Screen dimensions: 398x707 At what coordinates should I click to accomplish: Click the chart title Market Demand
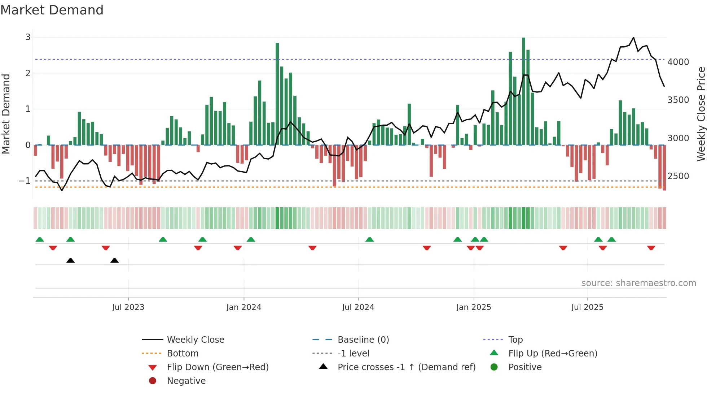(x=52, y=10)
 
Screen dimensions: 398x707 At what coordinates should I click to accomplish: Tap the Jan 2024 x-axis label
(x=243, y=307)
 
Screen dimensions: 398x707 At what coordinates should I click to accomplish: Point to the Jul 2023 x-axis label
(x=128, y=307)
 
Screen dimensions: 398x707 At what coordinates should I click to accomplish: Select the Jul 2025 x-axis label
(x=587, y=307)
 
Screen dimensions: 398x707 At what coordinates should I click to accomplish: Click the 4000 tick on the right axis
(x=678, y=62)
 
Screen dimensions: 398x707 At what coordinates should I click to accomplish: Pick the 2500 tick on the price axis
(x=678, y=176)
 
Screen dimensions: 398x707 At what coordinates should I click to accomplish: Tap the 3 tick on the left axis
(x=28, y=37)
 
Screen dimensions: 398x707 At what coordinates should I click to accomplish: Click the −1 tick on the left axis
(x=25, y=181)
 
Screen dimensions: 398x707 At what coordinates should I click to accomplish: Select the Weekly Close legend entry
(x=195, y=339)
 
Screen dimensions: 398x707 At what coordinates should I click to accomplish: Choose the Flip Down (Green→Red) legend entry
(x=218, y=367)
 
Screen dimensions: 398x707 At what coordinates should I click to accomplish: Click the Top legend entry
(x=515, y=339)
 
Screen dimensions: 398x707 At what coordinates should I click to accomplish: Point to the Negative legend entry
(x=186, y=381)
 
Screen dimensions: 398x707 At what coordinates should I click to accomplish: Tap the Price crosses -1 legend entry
(x=406, y=367)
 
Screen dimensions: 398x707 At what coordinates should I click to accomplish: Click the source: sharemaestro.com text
(x=638, y=283)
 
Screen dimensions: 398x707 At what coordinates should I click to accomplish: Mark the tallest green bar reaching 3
(x=523, y=90)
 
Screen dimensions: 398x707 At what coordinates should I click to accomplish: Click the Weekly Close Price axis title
(x=701, y=114)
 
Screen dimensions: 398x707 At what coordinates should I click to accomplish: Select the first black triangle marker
(x=71, y=260)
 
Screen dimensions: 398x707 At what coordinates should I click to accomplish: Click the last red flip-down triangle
(x=651, y=248)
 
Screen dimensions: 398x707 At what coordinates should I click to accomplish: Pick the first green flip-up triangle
(x=40, y=239)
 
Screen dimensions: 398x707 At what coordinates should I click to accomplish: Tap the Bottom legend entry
(x=183, y=353)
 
